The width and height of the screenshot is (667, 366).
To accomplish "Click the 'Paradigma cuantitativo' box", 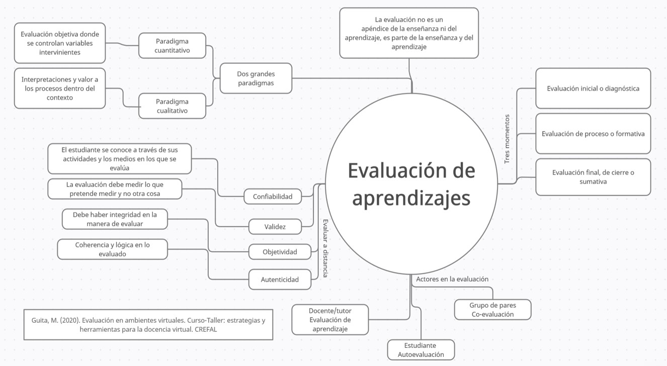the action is tap(172, 46).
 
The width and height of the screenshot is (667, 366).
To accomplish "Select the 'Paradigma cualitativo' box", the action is tap(172, 106).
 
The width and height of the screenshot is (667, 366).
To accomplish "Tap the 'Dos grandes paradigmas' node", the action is tap(256, 78).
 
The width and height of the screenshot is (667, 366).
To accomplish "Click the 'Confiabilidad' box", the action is tap(273, 197).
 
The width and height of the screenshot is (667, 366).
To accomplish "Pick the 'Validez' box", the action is tap(275, 227).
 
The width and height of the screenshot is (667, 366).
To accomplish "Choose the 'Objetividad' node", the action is tap(280, 252).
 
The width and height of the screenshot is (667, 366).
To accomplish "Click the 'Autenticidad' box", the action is tap(280, 280).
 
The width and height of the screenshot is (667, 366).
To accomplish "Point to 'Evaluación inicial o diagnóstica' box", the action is tap(593, 88).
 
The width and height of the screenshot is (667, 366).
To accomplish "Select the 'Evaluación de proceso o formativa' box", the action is tap(593, 134).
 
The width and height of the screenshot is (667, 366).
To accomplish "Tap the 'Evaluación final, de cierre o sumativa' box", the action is tap(593, 177).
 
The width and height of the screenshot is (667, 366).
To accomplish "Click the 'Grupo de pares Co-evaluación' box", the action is tap(492, 310).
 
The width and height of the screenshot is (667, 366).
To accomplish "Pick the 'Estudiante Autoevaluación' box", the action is tap(421, 350).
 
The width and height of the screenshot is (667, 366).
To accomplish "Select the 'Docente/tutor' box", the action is tap(330, 320).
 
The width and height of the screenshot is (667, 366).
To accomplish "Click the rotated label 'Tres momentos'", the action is tap(507, 139).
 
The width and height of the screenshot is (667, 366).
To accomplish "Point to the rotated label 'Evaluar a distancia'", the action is tap(325, 248).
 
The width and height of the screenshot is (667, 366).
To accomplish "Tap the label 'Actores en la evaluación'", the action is tap(452, 279).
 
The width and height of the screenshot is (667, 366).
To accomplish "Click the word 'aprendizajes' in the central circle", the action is tap(411, 198).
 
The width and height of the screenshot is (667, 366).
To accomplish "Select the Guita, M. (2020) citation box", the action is tap(148, 325).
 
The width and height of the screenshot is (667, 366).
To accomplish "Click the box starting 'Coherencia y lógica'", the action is tap(113, 249).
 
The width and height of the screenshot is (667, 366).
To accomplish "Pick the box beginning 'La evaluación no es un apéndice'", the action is tap(409, 33).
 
